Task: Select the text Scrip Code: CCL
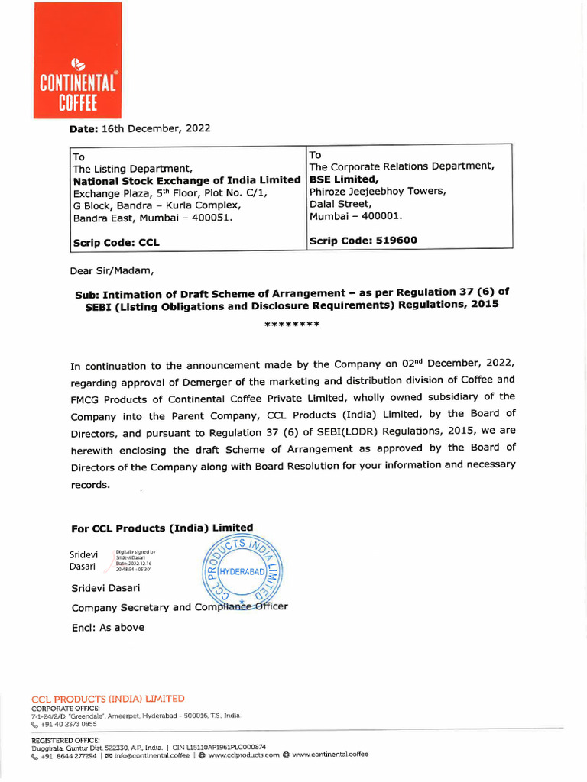(116, 243)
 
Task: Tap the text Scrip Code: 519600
(363, 240)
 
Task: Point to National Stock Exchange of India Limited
(186, 180)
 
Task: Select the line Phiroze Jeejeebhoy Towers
(377, 191)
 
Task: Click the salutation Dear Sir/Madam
(112, 270)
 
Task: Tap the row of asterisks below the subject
(292, 325)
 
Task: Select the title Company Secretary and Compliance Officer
(180, 607)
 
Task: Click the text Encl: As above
(108, 628)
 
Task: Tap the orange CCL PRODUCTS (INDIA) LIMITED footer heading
(108, 699)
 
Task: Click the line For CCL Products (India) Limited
(162, 528)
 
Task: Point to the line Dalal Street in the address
(340, 204)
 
